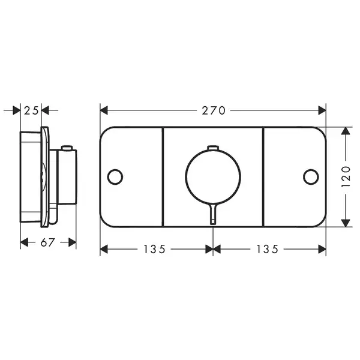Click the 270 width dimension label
[x=214, y=110]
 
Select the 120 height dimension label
[x=346, y=176]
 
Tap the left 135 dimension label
[x=154, y=249]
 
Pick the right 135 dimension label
[x=267, y=249]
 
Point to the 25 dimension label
[x=31, y=111]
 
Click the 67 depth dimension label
[x=48, y=242]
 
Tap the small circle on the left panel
[x=115, y=177]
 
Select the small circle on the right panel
[x=311, y=177]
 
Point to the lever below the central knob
[x=213, y=214]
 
